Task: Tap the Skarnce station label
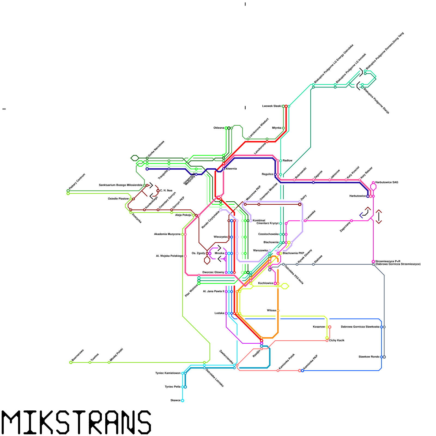coord(175,400)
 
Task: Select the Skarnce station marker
coord(183,401)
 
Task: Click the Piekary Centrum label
coord(77,181)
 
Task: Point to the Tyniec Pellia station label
coord(172,387)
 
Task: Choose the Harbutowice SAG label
coord(386,182)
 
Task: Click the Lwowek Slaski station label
coord(271,106)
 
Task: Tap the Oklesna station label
coord(219,128)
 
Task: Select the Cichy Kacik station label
coord(337,340)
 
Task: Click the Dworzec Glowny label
coord(213,272)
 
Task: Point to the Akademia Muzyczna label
coord(167,234)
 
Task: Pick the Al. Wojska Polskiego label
coord(169,256)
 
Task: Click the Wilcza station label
coord(271,310)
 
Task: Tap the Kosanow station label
coord(319,327)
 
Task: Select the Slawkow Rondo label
coord(369,357)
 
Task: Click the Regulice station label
coord(267,174)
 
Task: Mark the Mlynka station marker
coord(283,128)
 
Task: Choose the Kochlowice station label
coord(265,283)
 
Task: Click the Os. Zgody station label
coord(198,253)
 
